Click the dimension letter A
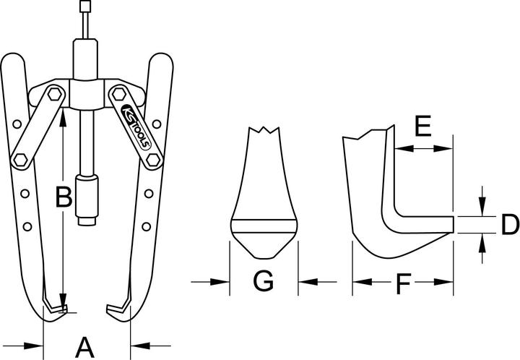pyautogui.click(x=85, y=346)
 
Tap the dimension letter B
pyautogui.click(x=64, y=195)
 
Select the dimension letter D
pyautogui.click(x=510, y=225)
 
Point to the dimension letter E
pyautogui.click(x=422, y=128)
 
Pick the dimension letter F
pyautogui.click(x=402, y=283)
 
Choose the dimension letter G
pyautogui.click(x=263, y=280)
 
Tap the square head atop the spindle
pyautogui.click(x=87, y=8)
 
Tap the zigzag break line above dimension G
pyautogui.click(x=264, y=133)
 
